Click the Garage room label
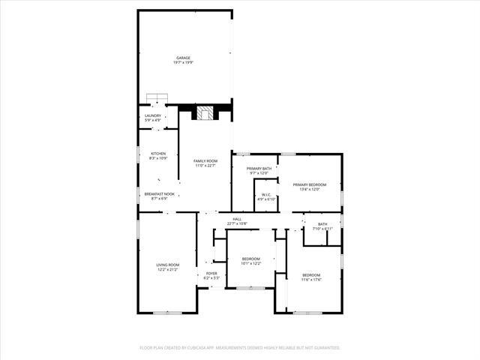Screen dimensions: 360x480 click(183, 57)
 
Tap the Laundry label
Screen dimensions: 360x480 click(153, 115)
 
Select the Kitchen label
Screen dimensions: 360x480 click(158, 154)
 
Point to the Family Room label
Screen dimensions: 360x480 click(205, 161)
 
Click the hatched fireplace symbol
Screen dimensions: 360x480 click(205, 113)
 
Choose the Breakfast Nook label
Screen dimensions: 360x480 click(159, 194)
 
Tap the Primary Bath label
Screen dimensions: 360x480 click(259, 169)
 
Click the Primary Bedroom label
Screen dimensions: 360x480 click(310, 184)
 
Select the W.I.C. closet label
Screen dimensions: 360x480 click(266, 195)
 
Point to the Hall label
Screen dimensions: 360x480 click(237, 219)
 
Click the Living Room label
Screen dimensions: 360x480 click(167, 265)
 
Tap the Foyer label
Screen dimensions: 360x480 click(211, 274)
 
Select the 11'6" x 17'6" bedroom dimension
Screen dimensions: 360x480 click(310, 280)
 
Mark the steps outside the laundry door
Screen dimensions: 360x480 click(156, 97)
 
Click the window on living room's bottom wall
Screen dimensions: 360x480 click(166, 313)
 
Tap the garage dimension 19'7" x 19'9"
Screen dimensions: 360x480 click(183, 62)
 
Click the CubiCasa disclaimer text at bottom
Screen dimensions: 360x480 click(240, 348)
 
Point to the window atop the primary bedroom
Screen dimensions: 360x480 click(289, 154)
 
